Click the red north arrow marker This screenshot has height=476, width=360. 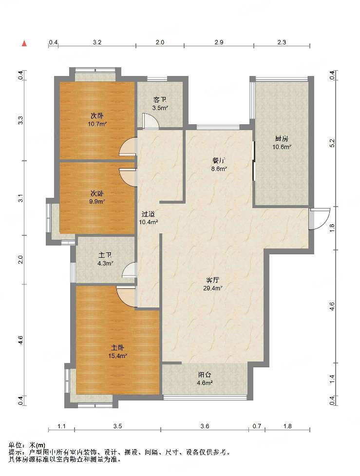click(24, 43)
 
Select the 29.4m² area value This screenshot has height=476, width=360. click(213, 288)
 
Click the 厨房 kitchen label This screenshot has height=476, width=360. click(282, 139)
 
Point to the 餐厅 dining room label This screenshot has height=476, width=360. click(219, 161)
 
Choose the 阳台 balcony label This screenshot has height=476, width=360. click(205, 375)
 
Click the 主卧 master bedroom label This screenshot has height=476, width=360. click(117, 348)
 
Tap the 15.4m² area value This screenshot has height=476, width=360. click(117, 356)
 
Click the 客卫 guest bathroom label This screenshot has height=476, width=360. click(160, 99)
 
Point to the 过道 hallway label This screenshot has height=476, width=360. click(148, 214)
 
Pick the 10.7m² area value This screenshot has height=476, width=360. click(97, 124)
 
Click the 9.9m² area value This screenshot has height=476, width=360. click(97, 201)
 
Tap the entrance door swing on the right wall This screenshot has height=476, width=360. click(320, 219)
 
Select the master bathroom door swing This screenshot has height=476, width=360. click(129, 270)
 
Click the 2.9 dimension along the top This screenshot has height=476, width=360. click(219, 42)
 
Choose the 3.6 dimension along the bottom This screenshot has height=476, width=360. click(205, 426)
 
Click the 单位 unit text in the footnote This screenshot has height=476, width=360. click(15, 445)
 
